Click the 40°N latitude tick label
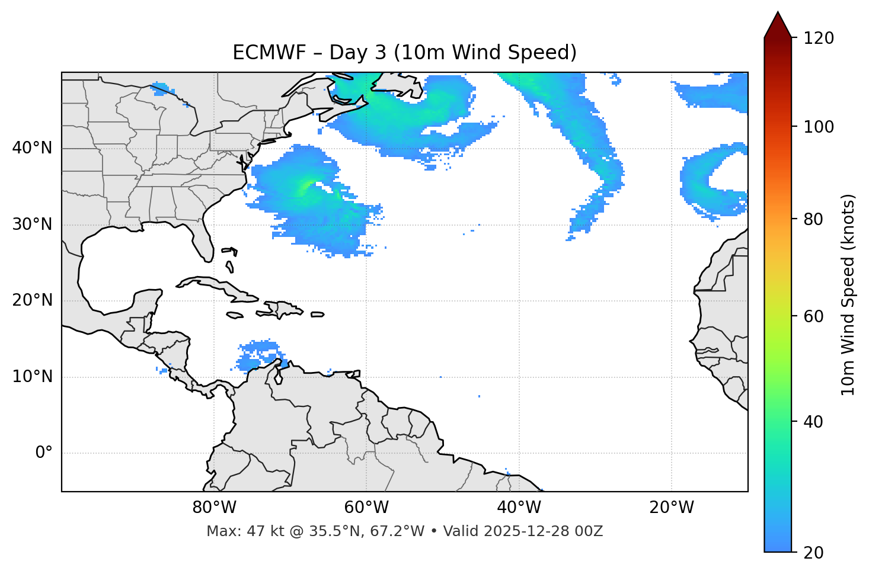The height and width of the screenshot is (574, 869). coord(32,148)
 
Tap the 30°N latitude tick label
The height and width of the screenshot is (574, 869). coord(32,225)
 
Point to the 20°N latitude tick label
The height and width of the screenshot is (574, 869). coord(32,300)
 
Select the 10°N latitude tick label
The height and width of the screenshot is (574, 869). coord(32,377)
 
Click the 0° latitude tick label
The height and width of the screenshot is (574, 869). coord(44,453)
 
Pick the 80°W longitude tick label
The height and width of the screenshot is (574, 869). coord(214,508)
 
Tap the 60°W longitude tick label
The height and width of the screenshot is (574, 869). coord(366,508)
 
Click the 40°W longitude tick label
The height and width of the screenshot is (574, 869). coord(519,508)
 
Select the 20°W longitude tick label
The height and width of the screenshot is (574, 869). coord(672,508)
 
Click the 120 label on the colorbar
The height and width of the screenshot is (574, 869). coord(818,38)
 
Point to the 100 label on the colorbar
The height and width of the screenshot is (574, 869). coord(818,127)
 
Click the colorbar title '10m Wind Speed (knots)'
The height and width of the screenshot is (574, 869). coord(848,295)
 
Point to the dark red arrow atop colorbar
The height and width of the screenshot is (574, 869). coord(778,25)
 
